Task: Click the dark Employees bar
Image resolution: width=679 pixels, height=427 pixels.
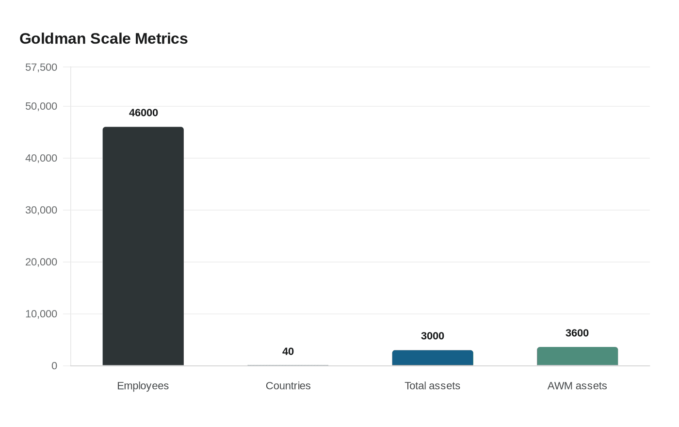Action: (x=143, y=246)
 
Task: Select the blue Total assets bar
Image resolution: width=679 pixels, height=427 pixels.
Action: (x=432, y=358)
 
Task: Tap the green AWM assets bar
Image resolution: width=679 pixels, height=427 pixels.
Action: (x=577, y=357)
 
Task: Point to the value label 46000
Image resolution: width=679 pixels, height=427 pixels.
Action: (x=143, y=113)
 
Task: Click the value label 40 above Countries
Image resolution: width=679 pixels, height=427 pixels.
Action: (x=288, y=351)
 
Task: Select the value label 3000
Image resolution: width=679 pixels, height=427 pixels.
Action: (x=432, y=336)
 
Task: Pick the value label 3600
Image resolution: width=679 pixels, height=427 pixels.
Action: (x=577, y=333)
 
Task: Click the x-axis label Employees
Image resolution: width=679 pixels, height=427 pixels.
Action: (x=143, y=386)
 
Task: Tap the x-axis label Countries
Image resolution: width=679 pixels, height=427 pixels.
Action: (x=288, y=386)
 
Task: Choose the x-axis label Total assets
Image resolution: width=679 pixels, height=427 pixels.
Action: (x=432, y=386)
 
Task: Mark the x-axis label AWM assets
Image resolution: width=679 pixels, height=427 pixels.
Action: (x=577, y=386)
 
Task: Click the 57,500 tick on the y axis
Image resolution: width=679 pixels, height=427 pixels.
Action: (x=41, y=67)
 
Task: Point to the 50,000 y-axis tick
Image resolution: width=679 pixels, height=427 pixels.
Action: (x=41, y=106)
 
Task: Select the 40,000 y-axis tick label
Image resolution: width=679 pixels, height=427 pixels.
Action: (x=41, y=158)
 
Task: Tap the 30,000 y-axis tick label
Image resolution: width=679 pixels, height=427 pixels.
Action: (x=41, y=210)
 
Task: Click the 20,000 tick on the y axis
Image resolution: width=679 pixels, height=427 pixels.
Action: (x=41, y=262)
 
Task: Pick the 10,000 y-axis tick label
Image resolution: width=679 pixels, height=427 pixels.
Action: (x=41, y=314)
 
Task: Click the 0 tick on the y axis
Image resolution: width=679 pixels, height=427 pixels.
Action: (x=54, y=366)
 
